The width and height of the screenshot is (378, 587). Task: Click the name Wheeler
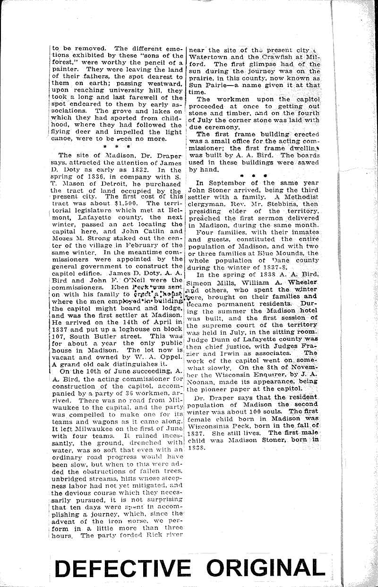[302, 282]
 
